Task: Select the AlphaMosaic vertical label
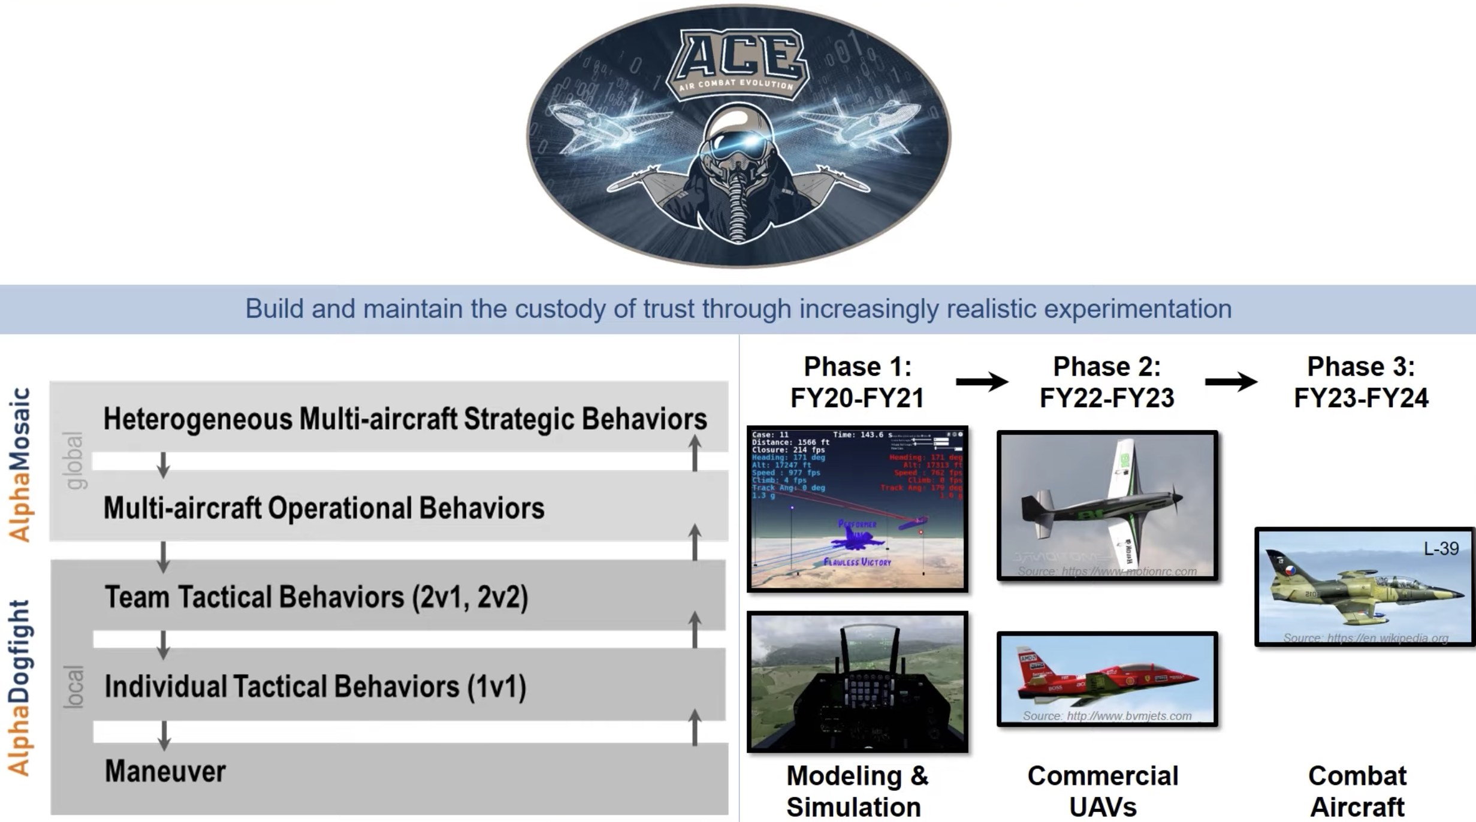pos(20,465)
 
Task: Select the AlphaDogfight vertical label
pos(20,688)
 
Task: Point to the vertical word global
pos(74,460)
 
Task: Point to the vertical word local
pos(74,687)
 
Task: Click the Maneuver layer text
pos(165,771)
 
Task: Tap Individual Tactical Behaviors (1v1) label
pos(315,687)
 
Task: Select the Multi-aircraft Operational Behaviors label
pos(324,508)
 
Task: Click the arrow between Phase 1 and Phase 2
pos(982,382)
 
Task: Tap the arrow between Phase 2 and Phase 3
pos(1231,382)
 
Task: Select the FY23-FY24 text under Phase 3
pos(1361,398)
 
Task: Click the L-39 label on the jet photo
pos(1441,548)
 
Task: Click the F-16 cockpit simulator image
pos(857,682)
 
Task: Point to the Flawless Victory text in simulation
pos(857,562)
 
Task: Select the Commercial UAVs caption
pos(1103,791)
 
